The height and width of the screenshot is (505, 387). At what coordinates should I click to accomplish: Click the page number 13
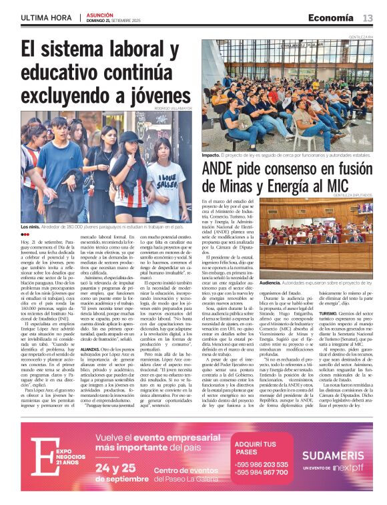click(x=368, y=17)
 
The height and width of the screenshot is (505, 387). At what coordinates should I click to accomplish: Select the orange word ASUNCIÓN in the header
click(x=99, y=14)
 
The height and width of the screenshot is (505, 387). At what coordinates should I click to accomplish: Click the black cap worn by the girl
click(x=129, y=136)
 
